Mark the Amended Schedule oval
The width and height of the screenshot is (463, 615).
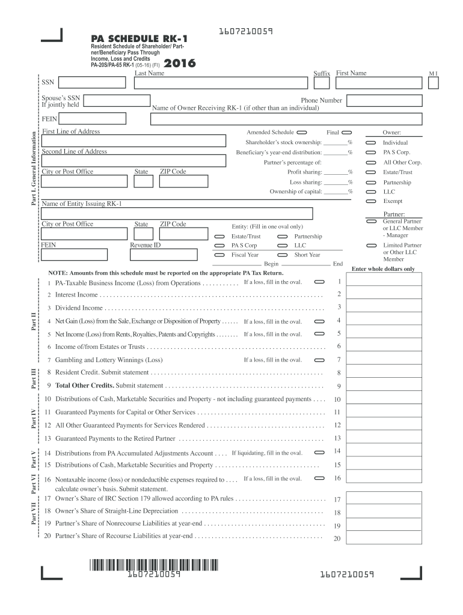coord(301,132)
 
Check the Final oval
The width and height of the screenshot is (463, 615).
coord(346,132)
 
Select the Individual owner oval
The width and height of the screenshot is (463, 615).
coord(371,142)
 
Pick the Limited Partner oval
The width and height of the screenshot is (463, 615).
coord(371,246)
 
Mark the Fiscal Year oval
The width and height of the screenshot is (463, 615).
coord(219,255)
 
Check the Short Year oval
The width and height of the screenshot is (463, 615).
coord(282,255)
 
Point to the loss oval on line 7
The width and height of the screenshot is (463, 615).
coord(319,360)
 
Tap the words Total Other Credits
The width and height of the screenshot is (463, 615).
coord(85,386)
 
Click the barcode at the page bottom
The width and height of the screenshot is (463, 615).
coord(154,565)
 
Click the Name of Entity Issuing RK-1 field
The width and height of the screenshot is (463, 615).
coord(177,213)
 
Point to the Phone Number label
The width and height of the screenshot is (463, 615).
coord(322,100)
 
